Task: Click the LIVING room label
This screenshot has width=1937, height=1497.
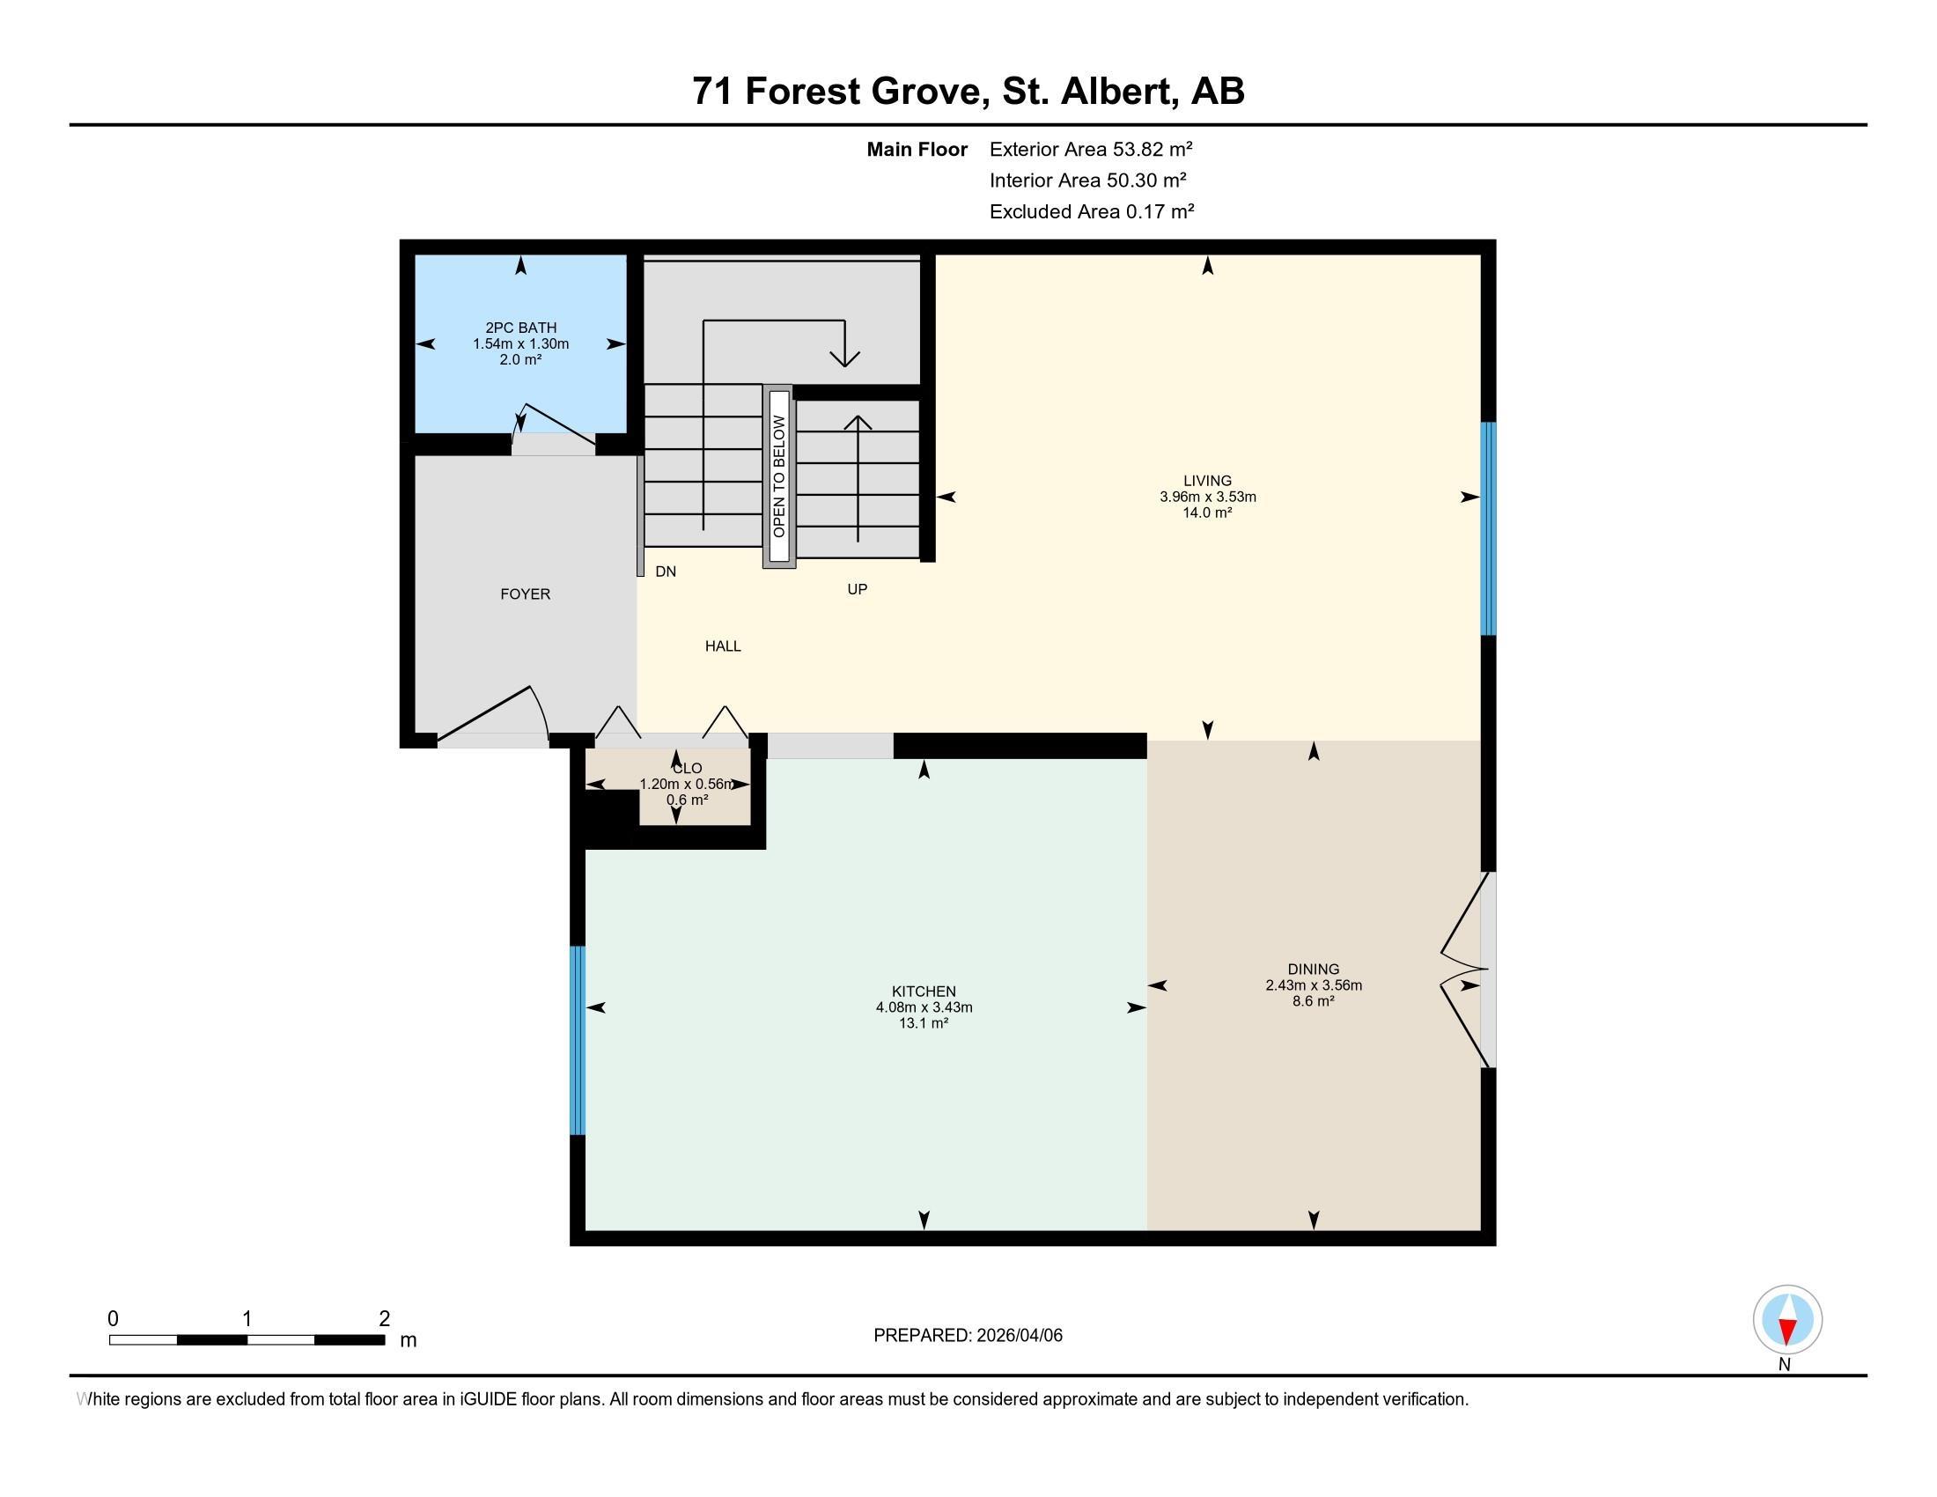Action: click(x=1207, y=481)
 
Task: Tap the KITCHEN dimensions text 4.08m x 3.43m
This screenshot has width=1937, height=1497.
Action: click(x=924, y=1007)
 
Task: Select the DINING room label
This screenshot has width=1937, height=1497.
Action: click(x=1314, y=970)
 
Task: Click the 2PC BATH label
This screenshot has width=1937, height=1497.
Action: click(x=520, y=328)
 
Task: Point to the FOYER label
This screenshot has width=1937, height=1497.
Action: click(x=525, y=594)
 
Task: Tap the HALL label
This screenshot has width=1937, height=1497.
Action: click(x=723, y=646)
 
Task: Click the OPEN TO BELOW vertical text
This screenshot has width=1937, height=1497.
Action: click(x=778, y=476)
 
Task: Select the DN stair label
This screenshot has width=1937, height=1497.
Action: click(x=665, y=572)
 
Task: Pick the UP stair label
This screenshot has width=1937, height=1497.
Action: click(x=857, y=589)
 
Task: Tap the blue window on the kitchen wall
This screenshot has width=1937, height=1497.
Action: click(x=578, y=1040)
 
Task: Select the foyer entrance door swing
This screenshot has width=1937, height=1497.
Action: click(x=497, y=714)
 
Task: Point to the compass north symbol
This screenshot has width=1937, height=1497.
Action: click(x=1787, y=1320)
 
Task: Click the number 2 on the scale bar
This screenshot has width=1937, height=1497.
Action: click(x=384, y=1319)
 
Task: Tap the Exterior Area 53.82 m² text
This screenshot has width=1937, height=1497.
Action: click(x=1091, y=149)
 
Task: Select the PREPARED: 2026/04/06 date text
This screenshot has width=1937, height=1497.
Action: click(x=968, y=1336)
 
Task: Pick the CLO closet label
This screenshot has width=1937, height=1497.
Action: click(x=687, y=769)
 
